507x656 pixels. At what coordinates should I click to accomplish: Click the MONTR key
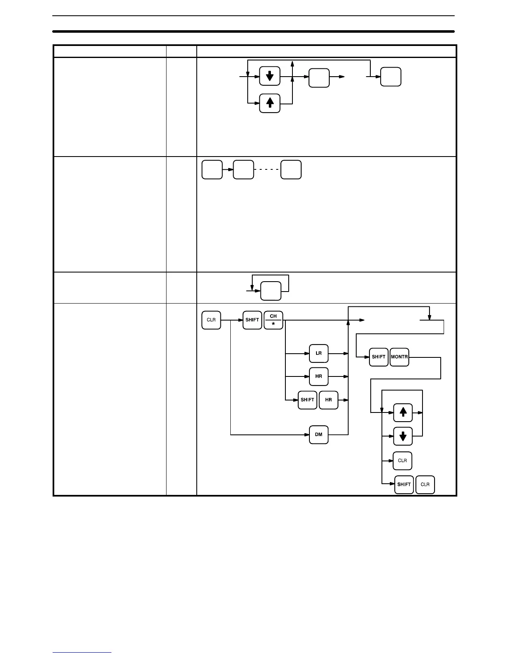coord(399,357)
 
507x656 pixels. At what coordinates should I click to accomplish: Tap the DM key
coord(319,435)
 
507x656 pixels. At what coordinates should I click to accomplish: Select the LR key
coord(319,354)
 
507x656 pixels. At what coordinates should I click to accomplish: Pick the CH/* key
coord(273,320)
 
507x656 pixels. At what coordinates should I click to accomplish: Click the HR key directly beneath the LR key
coord(319,377)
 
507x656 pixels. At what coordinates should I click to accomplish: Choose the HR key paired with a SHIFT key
coord(328,400)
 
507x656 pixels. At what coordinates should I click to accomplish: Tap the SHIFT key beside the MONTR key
coord(379,357)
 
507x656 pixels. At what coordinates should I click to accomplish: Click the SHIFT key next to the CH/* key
coord(252,320)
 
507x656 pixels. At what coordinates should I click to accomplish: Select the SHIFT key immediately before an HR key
coord(307,400)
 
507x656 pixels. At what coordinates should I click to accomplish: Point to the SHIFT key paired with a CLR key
coord(404,485)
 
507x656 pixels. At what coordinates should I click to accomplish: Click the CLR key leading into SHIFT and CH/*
coord(211,320)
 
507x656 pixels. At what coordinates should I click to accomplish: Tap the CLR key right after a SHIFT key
coord(425,485)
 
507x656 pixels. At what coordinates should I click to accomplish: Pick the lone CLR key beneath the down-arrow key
coord(402,461)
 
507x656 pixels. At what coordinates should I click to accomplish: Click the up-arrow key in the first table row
coord(270,103)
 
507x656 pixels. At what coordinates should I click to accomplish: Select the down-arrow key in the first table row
coord(270,76)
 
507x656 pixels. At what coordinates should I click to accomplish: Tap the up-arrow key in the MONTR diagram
coord(403,412)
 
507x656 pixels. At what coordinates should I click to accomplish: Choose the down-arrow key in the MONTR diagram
coord(403,436)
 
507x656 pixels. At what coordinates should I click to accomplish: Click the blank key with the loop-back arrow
coord(270,291)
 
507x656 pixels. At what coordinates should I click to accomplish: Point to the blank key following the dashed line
coord(291,170)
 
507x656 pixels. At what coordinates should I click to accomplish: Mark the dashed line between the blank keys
coord(267,170)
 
